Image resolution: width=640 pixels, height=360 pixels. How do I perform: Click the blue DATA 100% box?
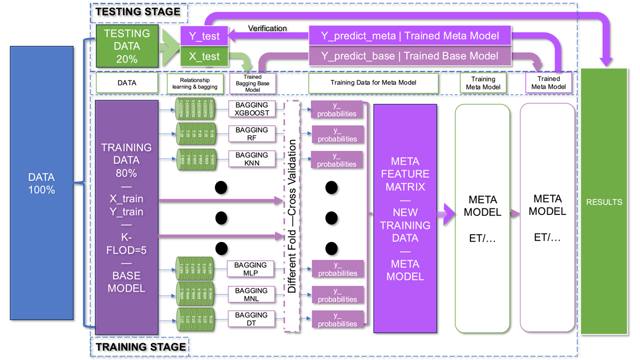tap(42, 183)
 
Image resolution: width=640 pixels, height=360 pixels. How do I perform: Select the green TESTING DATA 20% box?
tap(127, 46)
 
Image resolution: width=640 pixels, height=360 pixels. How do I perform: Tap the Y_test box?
tap(204, 37)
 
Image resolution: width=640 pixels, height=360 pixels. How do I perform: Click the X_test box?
tap(204, 56)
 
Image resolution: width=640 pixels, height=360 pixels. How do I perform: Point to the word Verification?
tap(267, 28)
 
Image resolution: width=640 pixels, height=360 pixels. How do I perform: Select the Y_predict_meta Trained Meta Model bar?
tap(410, 36)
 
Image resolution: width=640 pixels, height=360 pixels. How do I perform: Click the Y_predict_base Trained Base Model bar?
tap(410, 55)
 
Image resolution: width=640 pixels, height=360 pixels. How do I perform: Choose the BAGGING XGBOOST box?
tap(251, 109)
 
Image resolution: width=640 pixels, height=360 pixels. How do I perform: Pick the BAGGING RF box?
tap(251, 134)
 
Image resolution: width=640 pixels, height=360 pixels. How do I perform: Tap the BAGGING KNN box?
tap(251, 159)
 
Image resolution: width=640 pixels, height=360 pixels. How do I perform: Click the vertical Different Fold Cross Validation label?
tap(292, 216)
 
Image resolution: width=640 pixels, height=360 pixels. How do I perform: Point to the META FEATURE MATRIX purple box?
tap(405, 219)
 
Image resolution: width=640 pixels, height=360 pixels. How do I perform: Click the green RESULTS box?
tap(604, 202)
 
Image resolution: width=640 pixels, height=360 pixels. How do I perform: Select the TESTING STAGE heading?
tap(138, 11)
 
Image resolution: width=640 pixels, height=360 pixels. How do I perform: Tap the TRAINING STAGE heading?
tap(141, 347)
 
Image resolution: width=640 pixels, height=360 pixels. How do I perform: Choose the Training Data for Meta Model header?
tap(373, 83)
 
